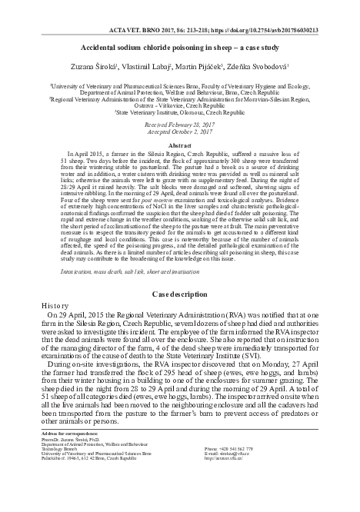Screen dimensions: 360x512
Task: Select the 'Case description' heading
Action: pyautogui.click(x=180, y=294)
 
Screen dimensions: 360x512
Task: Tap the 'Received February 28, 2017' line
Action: pyautogui.click(x=180, y=124)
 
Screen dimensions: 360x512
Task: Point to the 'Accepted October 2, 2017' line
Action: pyautogui.click(x=180, y=131)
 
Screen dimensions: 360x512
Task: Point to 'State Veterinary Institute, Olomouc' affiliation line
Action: pyautogui.click(x=179, y=111)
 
